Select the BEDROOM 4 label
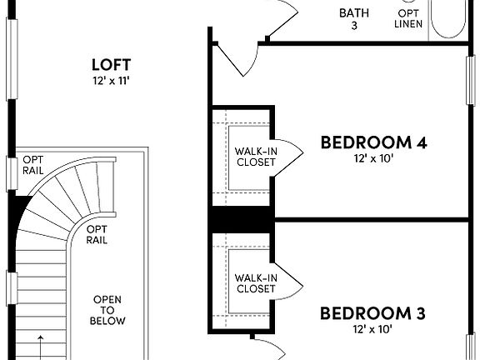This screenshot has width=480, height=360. [x=373, y=142]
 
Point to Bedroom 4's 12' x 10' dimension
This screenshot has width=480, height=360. [x=373, y=158]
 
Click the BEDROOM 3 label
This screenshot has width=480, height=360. [x=373, y=313]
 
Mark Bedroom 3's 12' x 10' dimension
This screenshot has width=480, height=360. [x=373, y=329]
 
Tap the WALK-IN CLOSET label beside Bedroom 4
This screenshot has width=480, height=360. [x=255, y=156]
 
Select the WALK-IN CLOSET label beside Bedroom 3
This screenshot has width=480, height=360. [x=255, y=282]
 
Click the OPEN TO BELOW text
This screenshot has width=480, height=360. [x=109, y=310]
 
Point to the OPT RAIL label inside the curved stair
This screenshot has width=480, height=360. [x=97, y=234]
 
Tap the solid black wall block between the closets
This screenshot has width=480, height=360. [x=242, y=219]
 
